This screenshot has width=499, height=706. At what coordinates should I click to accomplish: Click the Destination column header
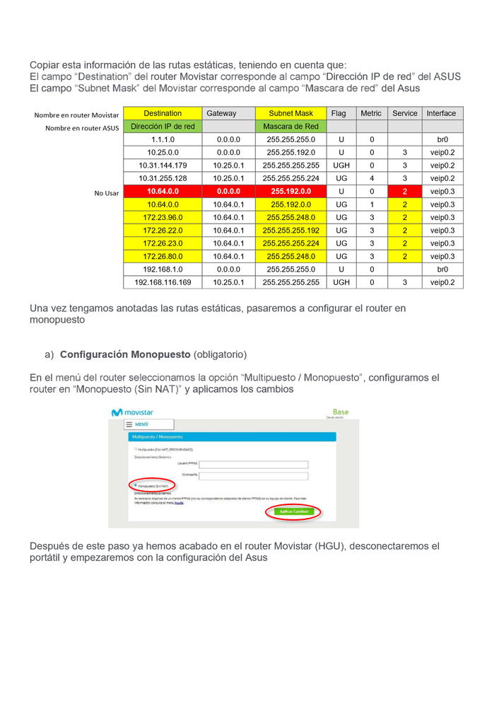point(163,113)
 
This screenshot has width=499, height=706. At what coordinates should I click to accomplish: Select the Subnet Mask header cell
point(290,113)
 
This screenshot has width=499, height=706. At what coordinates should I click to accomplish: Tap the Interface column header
point(441,113)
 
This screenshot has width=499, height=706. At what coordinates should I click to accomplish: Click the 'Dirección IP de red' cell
point(163,127)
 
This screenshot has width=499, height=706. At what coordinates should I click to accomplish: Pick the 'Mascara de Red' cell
point(290,127)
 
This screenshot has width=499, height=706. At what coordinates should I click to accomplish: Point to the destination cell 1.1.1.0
point(163,139)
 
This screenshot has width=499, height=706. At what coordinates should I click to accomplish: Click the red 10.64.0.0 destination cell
point(163,192)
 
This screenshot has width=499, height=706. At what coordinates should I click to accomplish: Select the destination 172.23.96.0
point(163,218)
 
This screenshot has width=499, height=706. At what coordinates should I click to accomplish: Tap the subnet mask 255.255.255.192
point(290,231)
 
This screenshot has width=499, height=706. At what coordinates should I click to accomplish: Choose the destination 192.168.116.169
point(163,282)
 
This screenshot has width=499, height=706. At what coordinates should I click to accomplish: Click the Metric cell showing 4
point(372,178)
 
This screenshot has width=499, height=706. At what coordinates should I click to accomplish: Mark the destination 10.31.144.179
point(163,166)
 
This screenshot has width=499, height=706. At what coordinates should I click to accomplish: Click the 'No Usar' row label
point(107,192)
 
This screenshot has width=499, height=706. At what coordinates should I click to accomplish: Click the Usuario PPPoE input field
point(254,465)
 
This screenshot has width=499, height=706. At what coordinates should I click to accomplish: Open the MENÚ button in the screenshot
point(139,424)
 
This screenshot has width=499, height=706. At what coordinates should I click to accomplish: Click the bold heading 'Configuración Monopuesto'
point(125,354)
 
